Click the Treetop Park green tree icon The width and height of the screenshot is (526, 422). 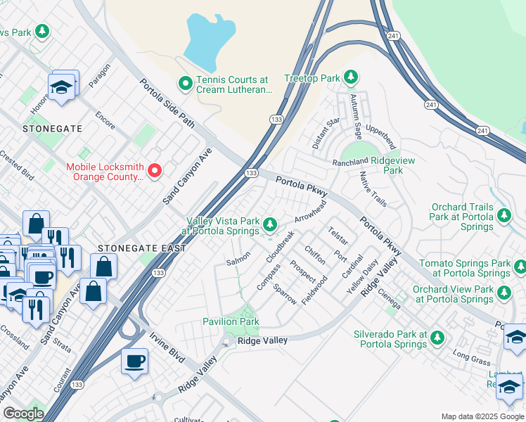click(x=350, y=77)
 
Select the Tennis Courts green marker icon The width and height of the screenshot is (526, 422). click(x=186, y=84)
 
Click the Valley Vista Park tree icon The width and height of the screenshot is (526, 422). click(x=271, y=224)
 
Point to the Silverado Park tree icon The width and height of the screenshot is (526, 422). click(x=437, y=338)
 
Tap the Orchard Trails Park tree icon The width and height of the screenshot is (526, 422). click(x=503, y=215)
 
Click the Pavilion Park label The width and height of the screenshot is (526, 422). click(x=231, y=321)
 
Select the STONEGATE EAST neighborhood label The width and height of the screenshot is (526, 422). click(x=143, y=248)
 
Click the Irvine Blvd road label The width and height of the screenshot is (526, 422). click(x=167, y=346)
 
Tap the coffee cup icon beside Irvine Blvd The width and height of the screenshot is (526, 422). click(x=134, y=361)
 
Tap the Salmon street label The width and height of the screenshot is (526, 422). click(x=238, y=259)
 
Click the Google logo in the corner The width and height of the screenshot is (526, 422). click(x=23, y=414)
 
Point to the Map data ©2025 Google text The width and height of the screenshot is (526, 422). click(x=482, y=416)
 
